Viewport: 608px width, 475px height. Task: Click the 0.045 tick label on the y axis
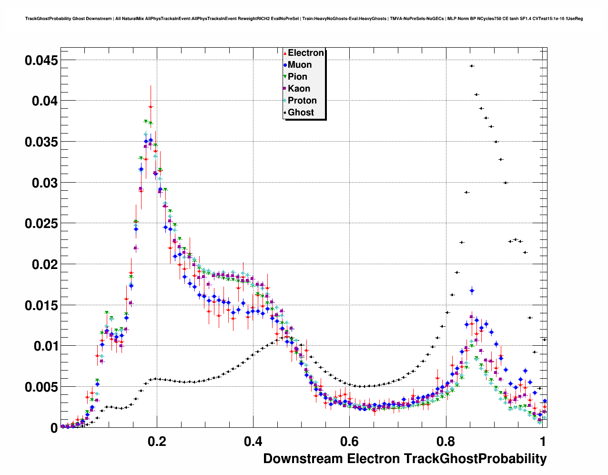pos(41,60)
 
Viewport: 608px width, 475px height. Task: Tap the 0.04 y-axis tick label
pos(45,101)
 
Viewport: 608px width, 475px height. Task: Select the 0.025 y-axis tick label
pos(41,224)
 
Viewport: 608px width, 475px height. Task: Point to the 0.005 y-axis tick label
pos(41,387)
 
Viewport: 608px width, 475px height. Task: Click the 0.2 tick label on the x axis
pos(157,442)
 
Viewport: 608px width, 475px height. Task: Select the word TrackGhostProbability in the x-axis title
pos(475,459)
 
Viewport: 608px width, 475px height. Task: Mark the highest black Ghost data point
pos(471,66)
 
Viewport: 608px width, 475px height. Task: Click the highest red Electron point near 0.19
pos(151,107)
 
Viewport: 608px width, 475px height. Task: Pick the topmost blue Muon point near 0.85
pos(472,290)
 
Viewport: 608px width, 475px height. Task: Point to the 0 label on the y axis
pos(54,428)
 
